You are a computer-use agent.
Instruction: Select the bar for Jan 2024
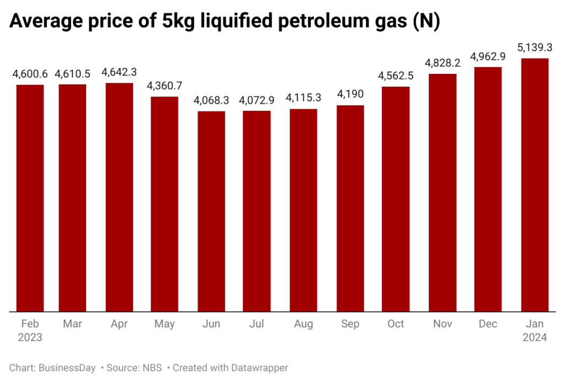point(535,185)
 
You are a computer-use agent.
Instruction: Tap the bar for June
point(211,211)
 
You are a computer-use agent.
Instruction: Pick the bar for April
point(119,197)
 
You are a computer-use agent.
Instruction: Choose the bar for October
point(396,199)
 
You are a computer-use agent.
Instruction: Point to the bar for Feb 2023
point(30,198)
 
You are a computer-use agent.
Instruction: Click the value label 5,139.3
point(535,48)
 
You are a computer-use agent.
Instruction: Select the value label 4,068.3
point(211,101)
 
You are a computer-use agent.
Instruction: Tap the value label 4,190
point(350,95)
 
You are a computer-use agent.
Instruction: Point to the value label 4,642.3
point(119,73)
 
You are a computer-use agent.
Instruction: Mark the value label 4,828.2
point(443,63)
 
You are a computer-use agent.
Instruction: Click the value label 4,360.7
point(165,86)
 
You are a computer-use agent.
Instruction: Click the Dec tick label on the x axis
point(488,323)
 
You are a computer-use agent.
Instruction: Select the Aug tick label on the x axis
point(303,323)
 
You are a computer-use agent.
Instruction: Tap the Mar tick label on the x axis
point(72,323)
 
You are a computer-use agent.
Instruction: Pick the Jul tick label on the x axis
point(257,323)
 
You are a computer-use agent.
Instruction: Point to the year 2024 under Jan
point(535,337)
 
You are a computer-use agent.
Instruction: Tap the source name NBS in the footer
point(148,368)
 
